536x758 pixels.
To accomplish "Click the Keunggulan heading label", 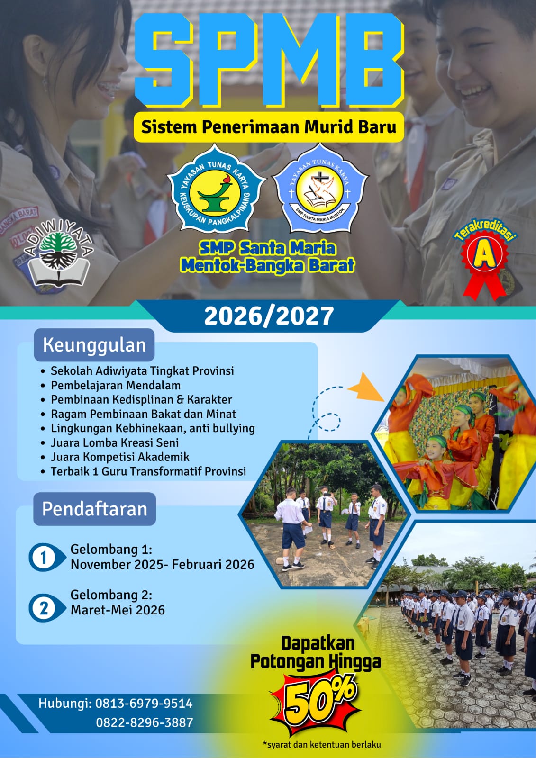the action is click(x=94, y=345).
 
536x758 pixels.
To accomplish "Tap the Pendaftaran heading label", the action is click(x=94, y=509).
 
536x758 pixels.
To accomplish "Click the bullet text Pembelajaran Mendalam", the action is click(x=116, y=385).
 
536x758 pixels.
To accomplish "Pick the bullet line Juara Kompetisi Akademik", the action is click(x=120, y=457).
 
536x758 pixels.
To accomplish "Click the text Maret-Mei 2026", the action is click(x=118, y=610).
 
